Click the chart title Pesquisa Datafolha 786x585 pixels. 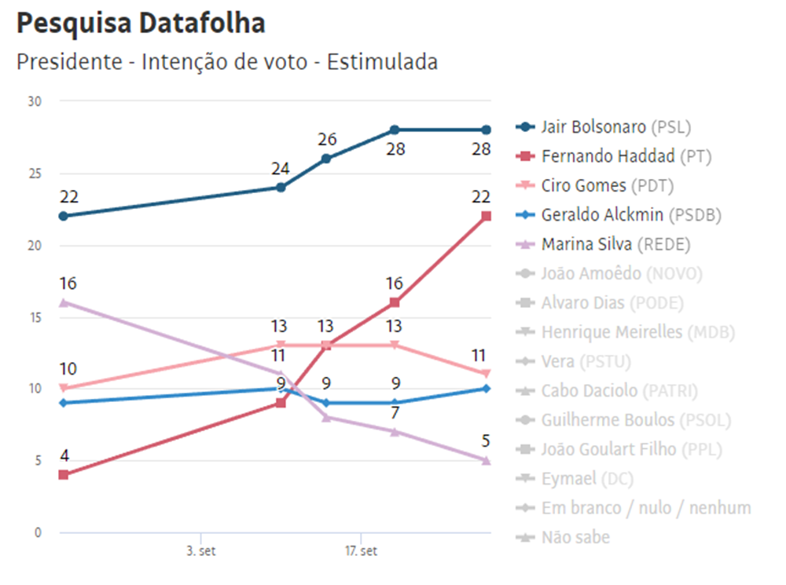141,24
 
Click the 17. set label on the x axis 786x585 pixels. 361,551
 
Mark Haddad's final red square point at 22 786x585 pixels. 487,216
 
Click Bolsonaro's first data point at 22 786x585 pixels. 63,216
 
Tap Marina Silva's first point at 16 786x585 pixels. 63,302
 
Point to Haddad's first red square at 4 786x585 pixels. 63,474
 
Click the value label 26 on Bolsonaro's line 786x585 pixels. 327,140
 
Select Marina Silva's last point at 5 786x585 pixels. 487,460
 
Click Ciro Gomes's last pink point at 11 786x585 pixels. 487,374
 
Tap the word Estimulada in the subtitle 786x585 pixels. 382,62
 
